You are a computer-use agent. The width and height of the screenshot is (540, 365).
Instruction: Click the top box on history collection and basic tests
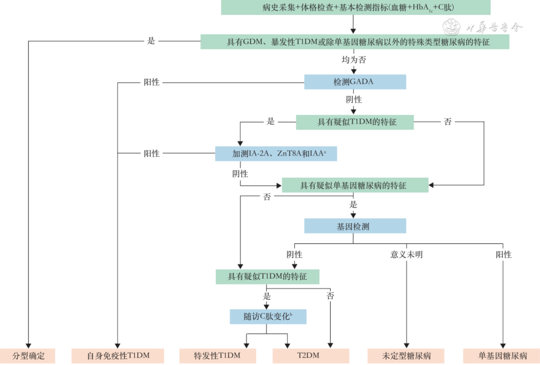[354, 7]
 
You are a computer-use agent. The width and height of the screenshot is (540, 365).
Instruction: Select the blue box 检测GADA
[354, 81]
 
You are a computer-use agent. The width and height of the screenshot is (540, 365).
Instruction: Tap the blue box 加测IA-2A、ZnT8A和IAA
[276, 153]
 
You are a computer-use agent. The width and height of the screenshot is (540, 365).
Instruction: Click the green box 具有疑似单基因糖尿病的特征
[354, 185]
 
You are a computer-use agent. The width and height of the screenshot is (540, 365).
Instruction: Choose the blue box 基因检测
[354, 226]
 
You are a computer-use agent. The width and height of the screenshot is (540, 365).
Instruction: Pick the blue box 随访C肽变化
[267, 316]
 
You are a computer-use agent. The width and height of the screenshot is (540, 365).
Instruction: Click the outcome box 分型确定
[27, 356]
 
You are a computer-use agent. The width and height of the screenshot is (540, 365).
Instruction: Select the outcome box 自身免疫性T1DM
[118, 356]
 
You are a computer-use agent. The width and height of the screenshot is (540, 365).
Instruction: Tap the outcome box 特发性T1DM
[217, 356]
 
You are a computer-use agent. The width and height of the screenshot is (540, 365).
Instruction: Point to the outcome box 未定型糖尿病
[406, 356]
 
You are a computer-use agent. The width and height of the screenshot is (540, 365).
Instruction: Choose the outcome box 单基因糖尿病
[502, 356]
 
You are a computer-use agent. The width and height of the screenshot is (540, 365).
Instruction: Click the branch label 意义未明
[406, 254]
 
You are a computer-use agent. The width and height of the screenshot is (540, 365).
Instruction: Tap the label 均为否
[354, 59]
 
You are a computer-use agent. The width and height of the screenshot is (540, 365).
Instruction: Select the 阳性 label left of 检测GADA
[151, 82]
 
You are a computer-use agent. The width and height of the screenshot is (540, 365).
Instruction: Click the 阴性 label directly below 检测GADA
[354, 99]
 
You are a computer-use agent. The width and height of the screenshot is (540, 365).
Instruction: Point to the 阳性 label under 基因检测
[503, 254]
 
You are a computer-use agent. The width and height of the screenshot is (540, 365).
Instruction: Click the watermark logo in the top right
[452, 26]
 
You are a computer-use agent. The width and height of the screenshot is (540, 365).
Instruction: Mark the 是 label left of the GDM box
[151, 41]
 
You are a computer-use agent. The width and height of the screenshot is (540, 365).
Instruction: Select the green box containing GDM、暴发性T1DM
[354, 41]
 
